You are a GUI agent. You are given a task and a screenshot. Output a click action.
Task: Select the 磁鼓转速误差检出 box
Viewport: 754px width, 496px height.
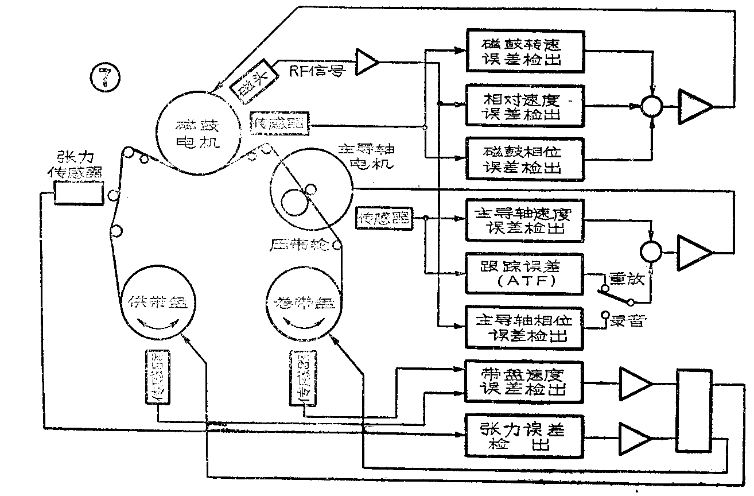click(x=524, y=52)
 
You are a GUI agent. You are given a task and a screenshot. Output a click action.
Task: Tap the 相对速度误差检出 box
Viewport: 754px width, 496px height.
click(x=524, y=106)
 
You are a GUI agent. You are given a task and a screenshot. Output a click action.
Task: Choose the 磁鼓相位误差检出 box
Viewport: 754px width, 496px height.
click(x=524, y=159)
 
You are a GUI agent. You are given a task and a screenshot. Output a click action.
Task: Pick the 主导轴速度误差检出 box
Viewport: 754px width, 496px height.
click(x=524, y=220)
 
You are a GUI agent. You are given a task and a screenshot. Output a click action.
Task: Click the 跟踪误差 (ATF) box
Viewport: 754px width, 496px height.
click(x=524, y=273)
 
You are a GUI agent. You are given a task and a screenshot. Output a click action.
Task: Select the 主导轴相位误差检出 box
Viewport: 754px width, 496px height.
click(x=524, y=327)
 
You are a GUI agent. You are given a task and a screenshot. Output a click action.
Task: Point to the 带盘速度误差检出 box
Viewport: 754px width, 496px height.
click(x=524, y=381)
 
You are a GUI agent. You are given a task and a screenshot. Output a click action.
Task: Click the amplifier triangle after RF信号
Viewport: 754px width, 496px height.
click(x=367, y=61)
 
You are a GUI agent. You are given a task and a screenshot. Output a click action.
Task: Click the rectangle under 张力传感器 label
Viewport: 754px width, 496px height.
click(x=79, y=193)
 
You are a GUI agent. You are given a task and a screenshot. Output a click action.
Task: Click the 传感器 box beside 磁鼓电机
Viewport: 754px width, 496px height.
click(x=279, y=122)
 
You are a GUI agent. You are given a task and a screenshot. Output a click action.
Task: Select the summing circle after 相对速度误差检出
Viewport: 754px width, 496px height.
click(x=652, y=106)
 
